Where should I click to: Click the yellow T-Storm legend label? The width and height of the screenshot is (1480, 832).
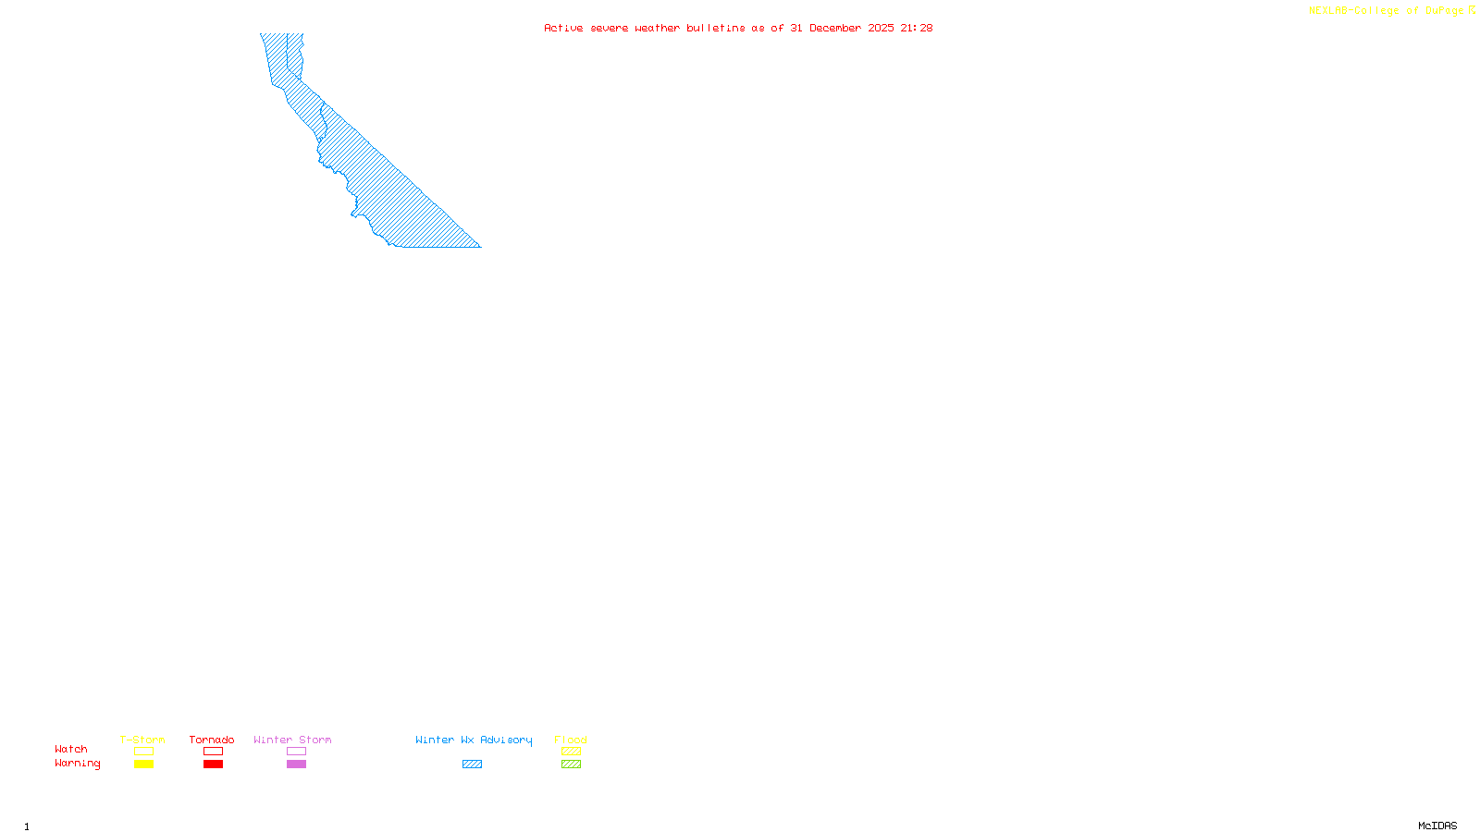[x=142, y=740]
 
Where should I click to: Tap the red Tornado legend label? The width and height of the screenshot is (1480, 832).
[x=212, y=740]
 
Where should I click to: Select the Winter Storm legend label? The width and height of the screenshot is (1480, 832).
[x=292, y=740]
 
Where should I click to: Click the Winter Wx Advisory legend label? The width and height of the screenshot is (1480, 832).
[x=474, y=740]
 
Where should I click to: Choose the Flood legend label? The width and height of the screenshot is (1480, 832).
[x=571, y=740]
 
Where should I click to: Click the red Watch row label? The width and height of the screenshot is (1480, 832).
[x=71, y=749]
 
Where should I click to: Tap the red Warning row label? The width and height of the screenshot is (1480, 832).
[x=77, y=764]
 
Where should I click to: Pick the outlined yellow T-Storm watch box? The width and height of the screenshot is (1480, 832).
[x=143, y=752]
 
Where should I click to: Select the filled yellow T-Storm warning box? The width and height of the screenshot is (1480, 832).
[x=143, y=765]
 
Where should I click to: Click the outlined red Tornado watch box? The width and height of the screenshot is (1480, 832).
[x=213, y=752]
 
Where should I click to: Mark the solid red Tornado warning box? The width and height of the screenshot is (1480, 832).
[x=213, y=765]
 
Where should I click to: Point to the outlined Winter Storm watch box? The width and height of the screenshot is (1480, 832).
[x=296, y=752]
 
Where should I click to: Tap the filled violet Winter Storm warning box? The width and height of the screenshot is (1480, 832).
[x=296, y=765]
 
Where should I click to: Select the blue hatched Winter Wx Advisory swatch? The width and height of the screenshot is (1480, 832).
[x=472, y=765]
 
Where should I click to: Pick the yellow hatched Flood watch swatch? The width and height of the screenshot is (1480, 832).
[x=571, y=752]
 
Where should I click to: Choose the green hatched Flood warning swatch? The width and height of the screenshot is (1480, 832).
[x=571, y=765]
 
